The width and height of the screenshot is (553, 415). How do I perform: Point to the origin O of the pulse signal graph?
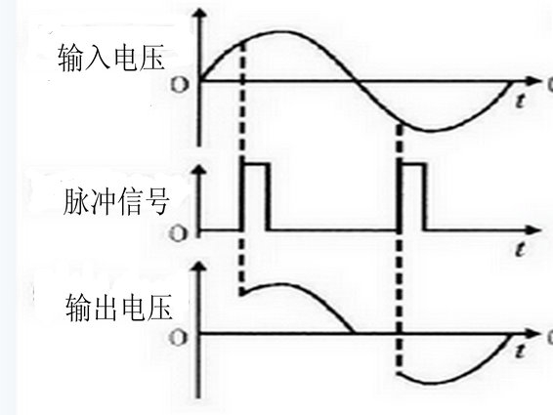(x=180, y=232)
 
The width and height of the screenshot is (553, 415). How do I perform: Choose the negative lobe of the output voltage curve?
(x=445, y=371)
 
